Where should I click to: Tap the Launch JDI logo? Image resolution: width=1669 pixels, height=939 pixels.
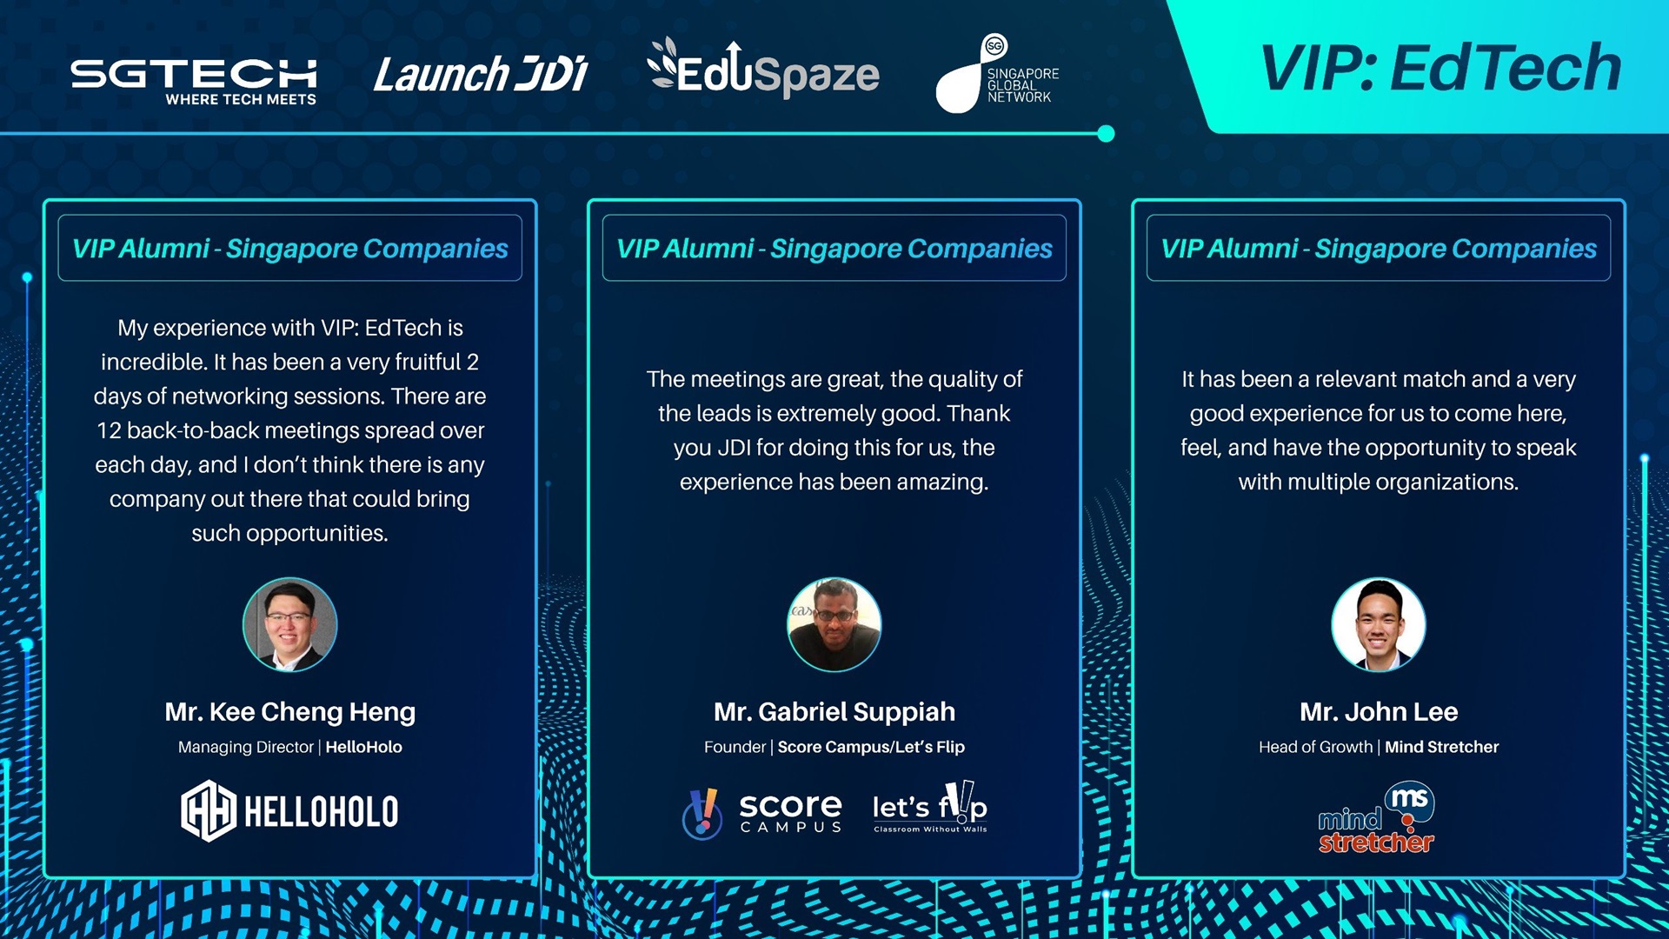point(481,74)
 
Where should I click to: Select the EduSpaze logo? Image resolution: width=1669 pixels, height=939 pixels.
point(763,68)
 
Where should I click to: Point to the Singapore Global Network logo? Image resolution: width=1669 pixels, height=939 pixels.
point(997,74)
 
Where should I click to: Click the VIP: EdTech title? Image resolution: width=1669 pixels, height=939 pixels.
point(1440,68)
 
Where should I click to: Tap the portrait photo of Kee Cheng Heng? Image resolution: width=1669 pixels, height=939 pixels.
point(289,624)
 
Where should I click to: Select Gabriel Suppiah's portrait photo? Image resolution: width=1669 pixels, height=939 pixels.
point(834,624)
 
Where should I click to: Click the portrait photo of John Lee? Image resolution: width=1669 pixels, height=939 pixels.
point(1379,624)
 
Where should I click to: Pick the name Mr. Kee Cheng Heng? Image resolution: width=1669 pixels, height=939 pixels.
point(290,712)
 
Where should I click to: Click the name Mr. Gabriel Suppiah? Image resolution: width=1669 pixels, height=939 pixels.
point(834,712)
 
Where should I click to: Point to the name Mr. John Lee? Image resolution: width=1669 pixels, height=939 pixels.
point(1379,712)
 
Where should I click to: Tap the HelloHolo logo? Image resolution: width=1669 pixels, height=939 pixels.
point(289,811)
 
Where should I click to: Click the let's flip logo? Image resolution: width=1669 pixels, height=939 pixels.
point(930,808)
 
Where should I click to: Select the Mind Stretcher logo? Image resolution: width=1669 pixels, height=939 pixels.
point(1376,817)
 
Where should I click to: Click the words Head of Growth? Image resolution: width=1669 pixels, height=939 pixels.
point(1315,747)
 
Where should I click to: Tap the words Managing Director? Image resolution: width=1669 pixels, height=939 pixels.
point(246,747)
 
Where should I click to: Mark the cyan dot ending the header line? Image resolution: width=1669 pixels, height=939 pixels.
point(1106,134)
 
